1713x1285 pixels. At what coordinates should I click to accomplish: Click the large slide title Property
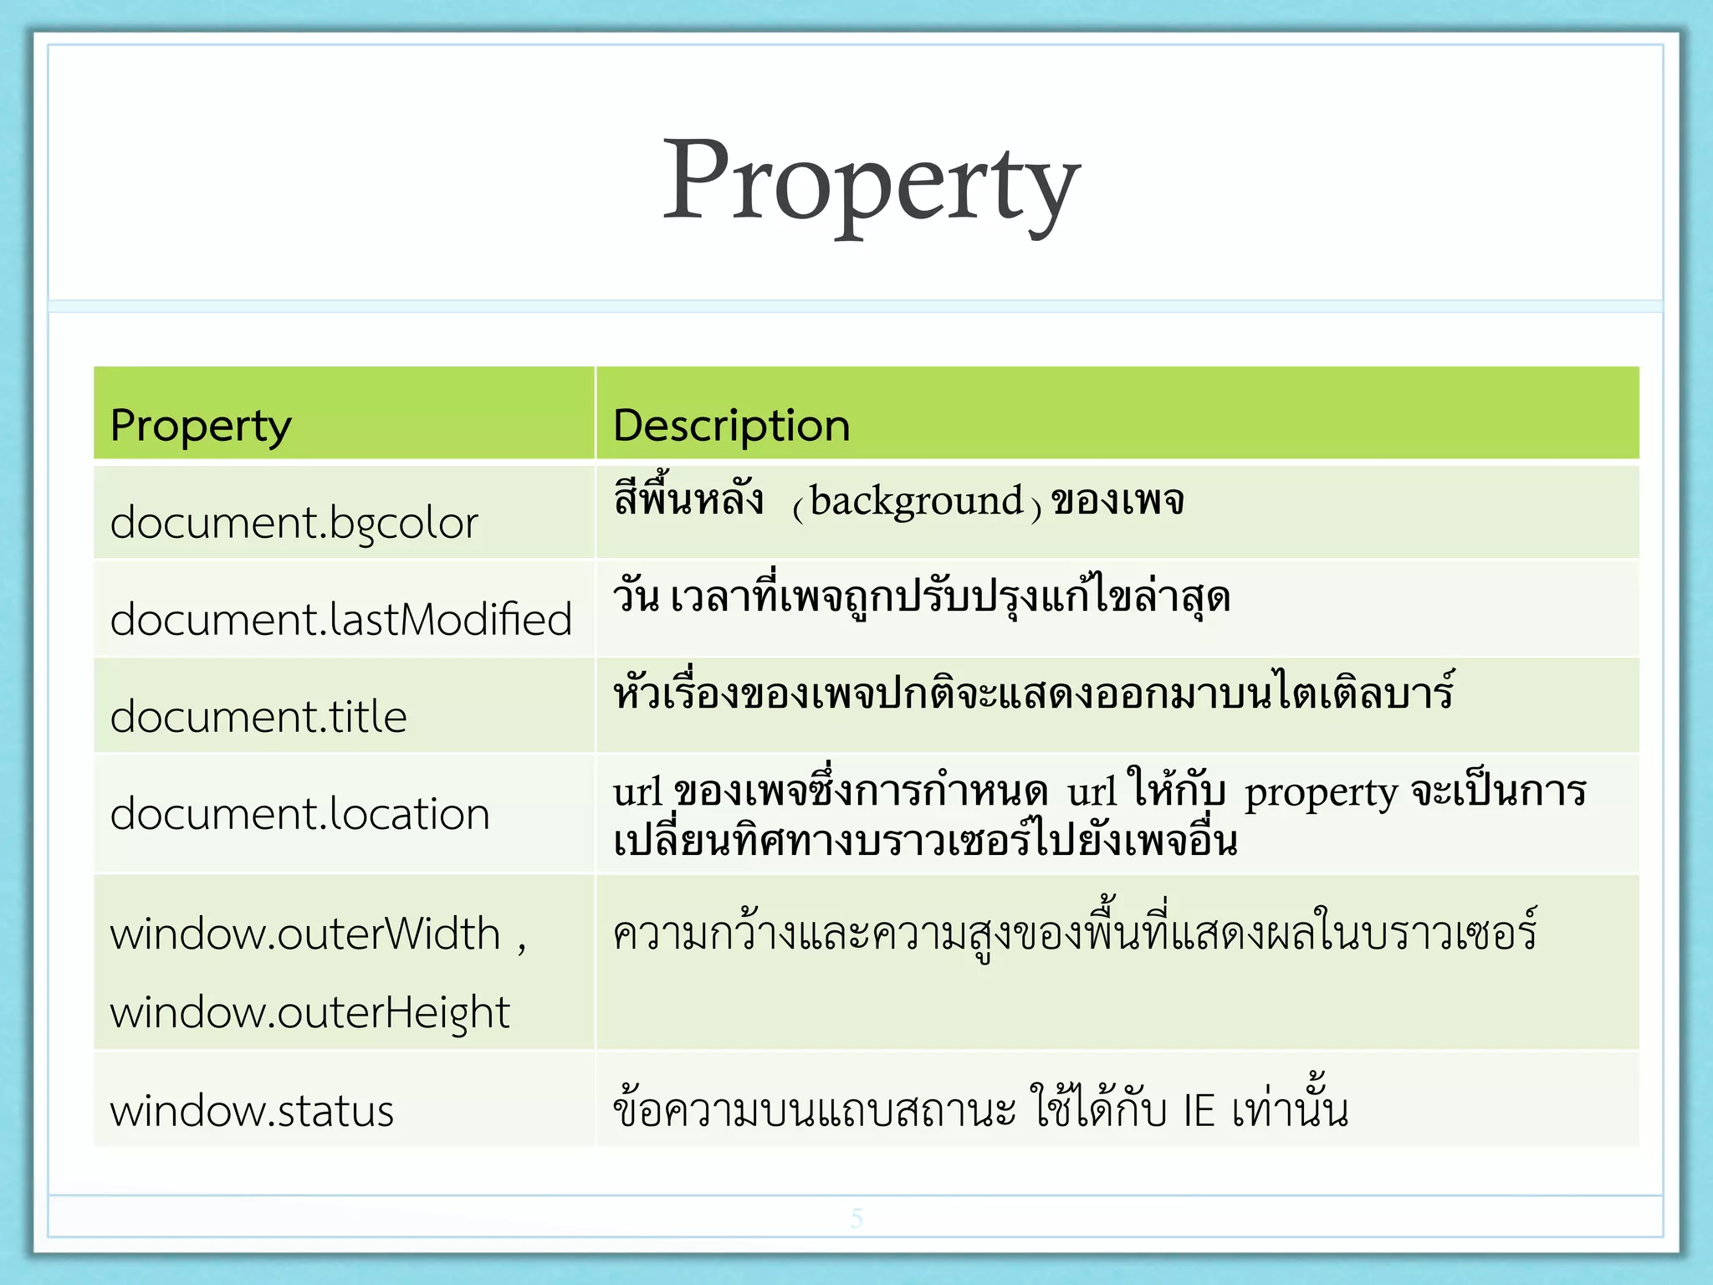pyautogui.click(x=871, y=182)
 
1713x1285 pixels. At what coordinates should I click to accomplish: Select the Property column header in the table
pyautogui.click(x=201, y=426)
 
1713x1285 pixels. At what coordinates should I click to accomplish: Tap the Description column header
pyautogui.click(x=731, y=426)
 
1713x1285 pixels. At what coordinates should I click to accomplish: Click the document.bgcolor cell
pyautogui.click(x=294, y=524)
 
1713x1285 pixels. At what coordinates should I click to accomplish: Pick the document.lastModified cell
pyautogui.click(x=340, y=620)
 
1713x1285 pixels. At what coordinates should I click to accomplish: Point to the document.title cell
pyautogui.click(x=258, y=717)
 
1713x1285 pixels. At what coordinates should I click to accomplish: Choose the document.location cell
pyautogui.click(x=299, y=814)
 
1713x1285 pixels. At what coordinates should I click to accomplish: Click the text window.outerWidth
pyautogui.click(x=305, y=934)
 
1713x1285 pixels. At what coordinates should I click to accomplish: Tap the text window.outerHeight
pyautogui.click(x=309, y=1012)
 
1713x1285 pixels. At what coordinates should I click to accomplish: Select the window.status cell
pyautogui.click(x=252, y=1111)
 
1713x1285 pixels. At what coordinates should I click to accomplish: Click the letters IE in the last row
pyautogui.click(x=1199, y=1111)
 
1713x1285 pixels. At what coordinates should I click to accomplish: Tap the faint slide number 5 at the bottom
pyautogui.click(x=856, y=1218)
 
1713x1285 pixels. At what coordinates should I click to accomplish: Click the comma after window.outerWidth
pyautogui.click(x=521, y=945)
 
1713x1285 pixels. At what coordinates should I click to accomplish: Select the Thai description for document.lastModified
pyautogui.click(x=921, y=597)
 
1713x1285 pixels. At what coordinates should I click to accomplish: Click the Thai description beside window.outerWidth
pyautogui.click(x=1074, y=934)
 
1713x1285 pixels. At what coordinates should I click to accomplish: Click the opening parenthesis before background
pyautogui.click(x=799, y=506)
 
